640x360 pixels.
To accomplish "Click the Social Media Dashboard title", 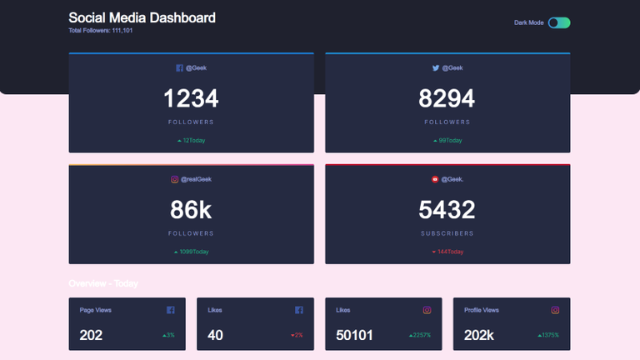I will tap(142, 17).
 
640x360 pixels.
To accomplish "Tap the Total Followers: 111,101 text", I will tap(101, 31).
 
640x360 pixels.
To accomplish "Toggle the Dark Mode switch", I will tap(559, 22).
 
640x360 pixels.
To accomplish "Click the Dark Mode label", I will tap(529, 22).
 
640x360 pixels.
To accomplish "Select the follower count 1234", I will tap(191, 99).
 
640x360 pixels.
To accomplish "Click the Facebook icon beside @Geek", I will tap(179, 68).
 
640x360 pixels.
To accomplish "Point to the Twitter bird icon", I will tap(436, 68).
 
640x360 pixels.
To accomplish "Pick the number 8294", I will tap(447, 99).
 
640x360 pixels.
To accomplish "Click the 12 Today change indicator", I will tap(192, 140).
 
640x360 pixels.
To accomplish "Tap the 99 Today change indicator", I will tap(447, 140).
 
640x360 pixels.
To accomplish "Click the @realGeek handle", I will tap(196, 179).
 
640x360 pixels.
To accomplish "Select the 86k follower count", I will tap(191, 210).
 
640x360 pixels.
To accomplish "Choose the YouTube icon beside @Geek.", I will tap(435, 179).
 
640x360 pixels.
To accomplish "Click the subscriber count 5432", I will tap(447, 210).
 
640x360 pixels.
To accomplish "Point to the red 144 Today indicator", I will tap(447, 252).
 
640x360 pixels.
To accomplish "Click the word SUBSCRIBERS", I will tap(447, 233).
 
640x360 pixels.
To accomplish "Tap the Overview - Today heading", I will tap(103, 283).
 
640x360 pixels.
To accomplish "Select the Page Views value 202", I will tap(91, 335).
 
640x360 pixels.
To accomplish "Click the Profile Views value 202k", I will tap(480, 335).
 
